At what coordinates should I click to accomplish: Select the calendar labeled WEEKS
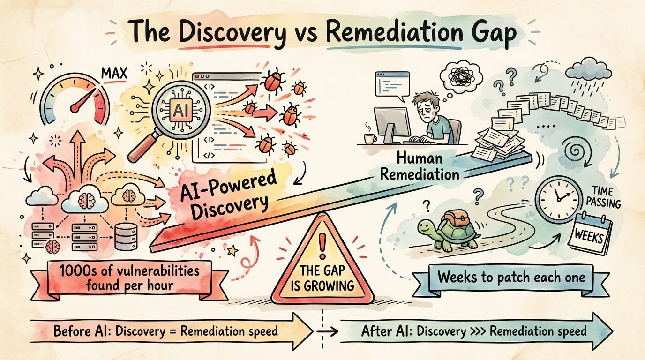589,235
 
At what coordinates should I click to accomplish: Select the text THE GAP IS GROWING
323,278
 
